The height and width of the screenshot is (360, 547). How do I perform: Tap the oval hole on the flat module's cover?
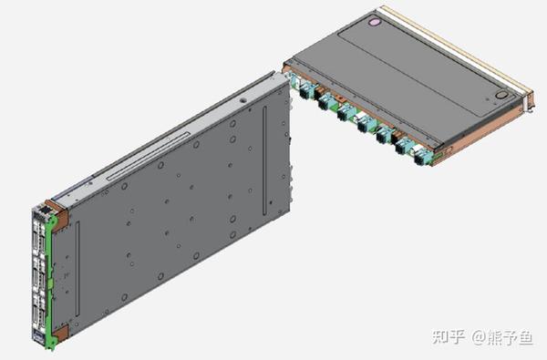503,94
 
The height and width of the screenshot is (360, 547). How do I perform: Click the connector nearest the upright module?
304,89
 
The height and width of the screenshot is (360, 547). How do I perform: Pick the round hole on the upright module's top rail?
245,97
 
